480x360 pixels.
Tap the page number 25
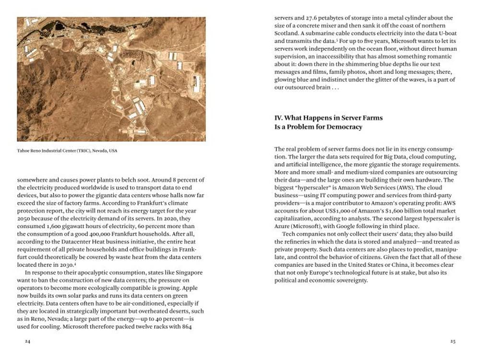pos(453,341)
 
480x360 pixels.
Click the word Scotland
pos(288,33)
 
